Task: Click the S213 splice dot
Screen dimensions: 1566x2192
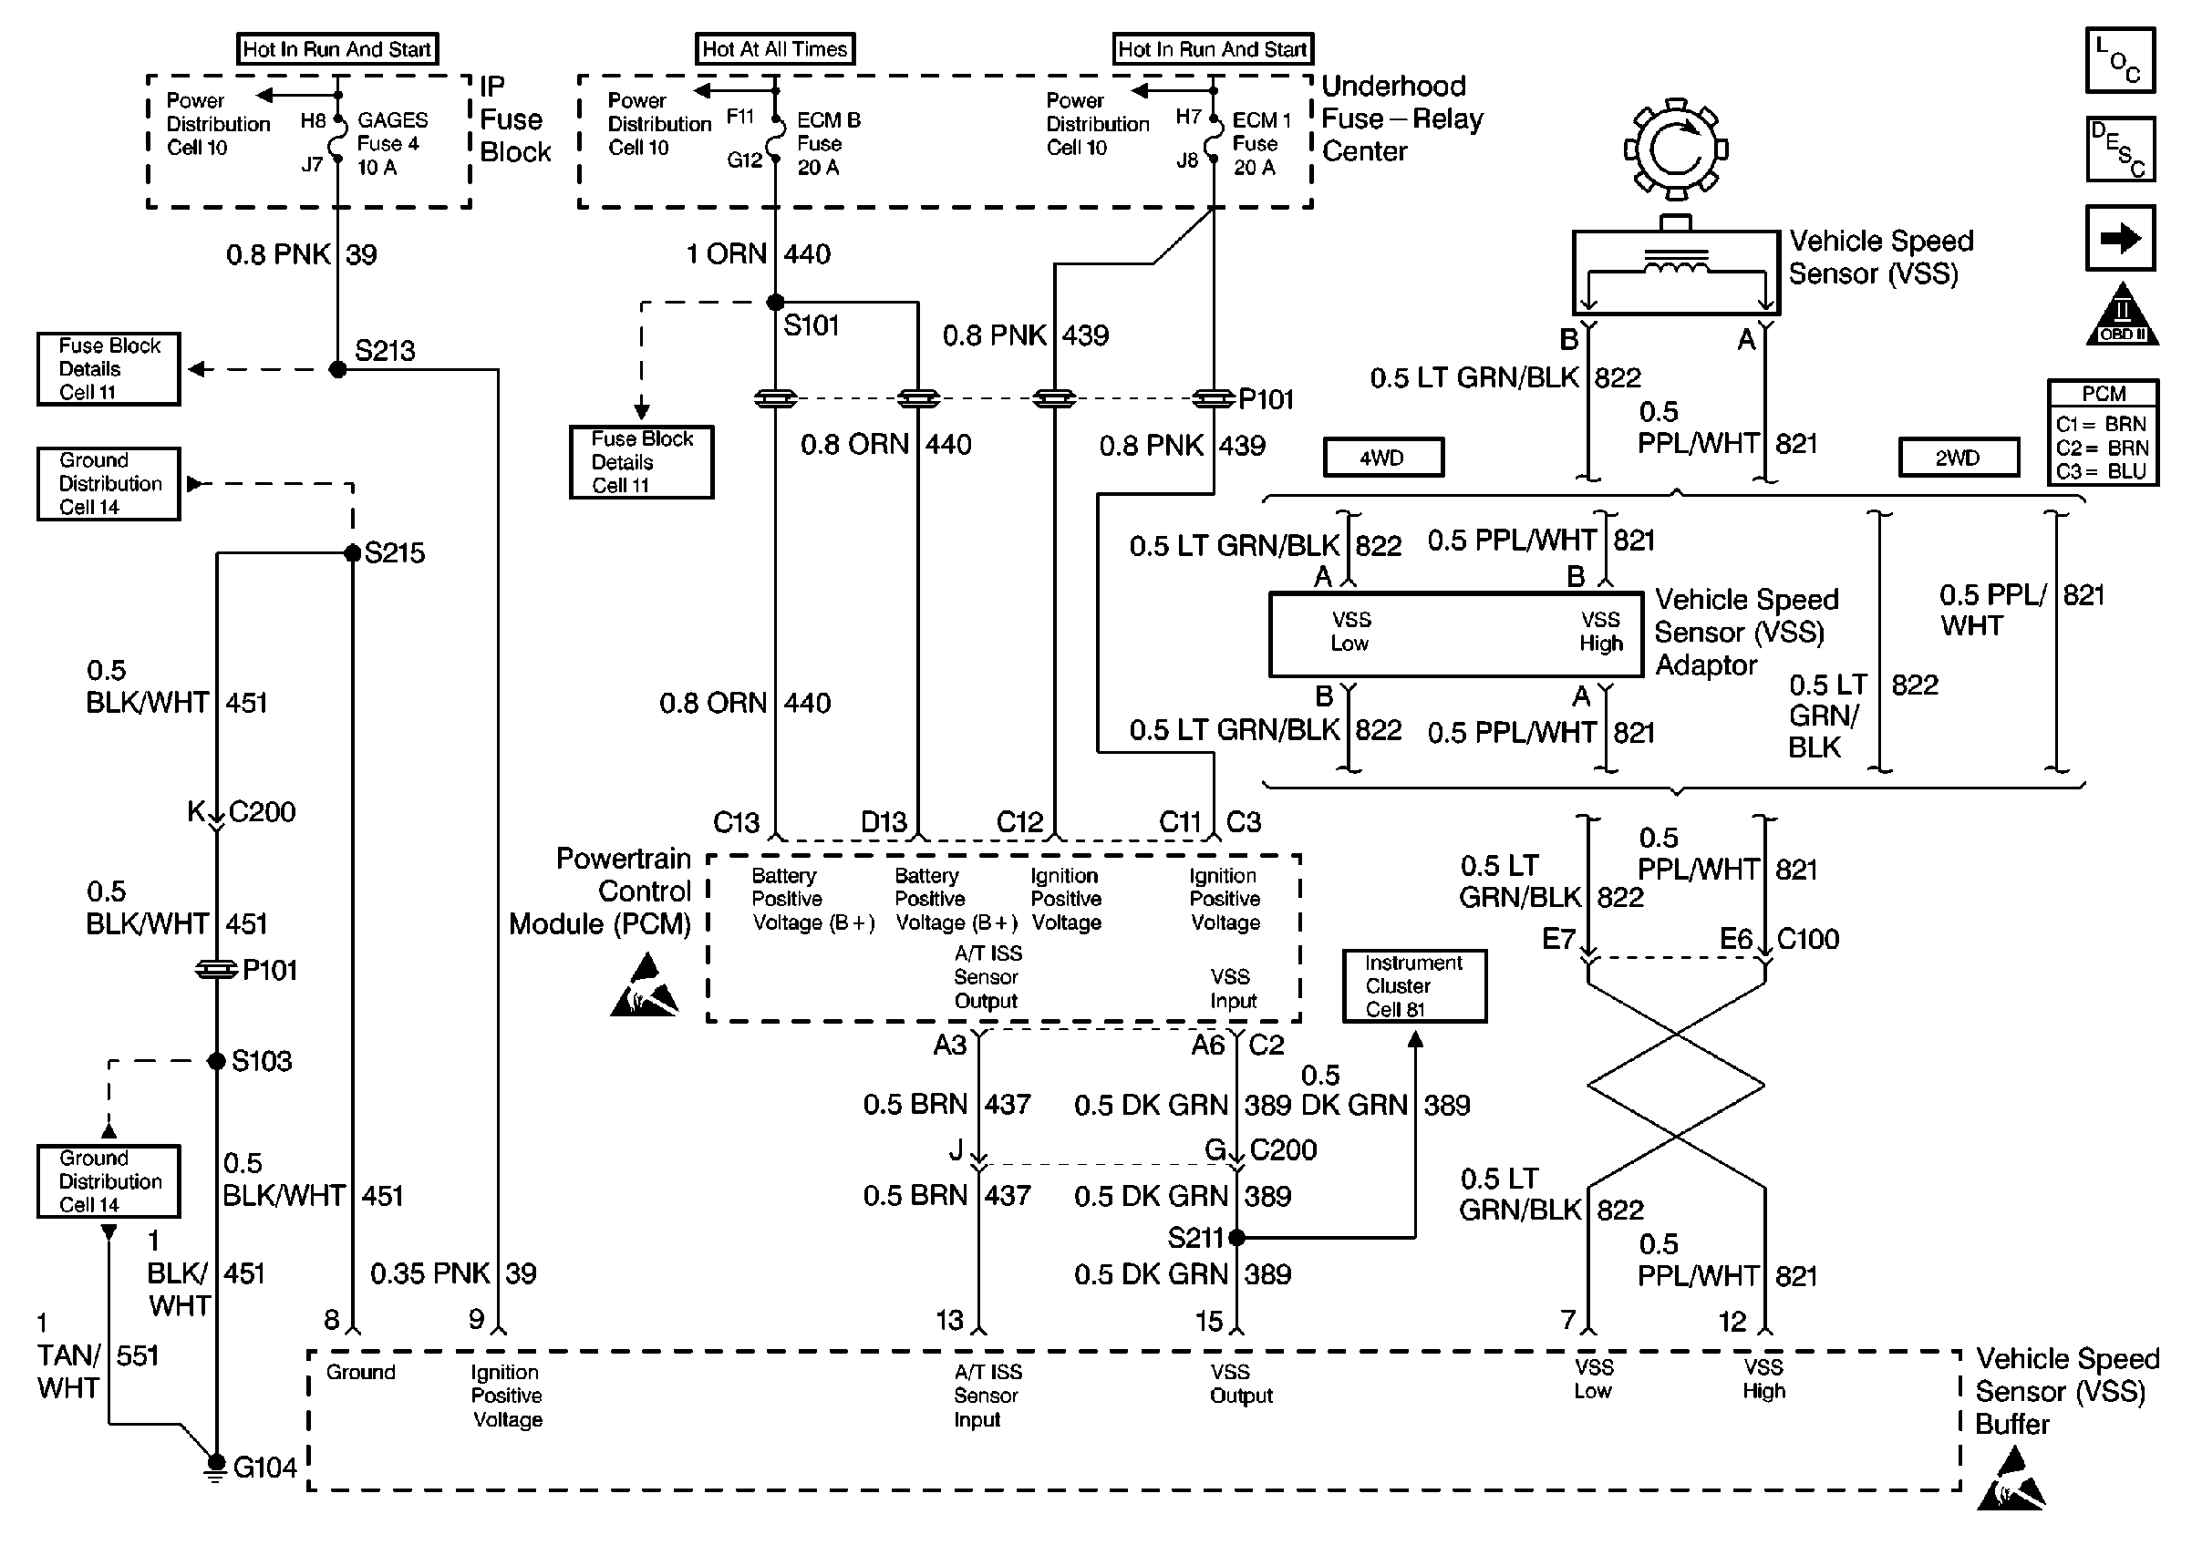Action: pos(337,369)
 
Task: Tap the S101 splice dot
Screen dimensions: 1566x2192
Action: pos(775,303)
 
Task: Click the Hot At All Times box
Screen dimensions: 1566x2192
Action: pos(774,49)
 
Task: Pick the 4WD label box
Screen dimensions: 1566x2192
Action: pos(1383,457)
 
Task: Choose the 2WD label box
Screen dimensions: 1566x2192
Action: pos(1958,457)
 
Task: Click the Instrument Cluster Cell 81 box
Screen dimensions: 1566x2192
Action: pos(1413,985)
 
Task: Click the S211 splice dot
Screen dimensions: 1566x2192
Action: pos(1236,1237)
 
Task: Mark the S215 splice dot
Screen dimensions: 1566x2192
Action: pos(353,553)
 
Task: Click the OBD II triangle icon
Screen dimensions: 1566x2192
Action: pos(2122,314)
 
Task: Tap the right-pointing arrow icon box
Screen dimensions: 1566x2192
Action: pos(2120,238)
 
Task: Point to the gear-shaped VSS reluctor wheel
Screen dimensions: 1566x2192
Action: pos(1676,149)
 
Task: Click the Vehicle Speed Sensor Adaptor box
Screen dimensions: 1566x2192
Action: pos(1455,634)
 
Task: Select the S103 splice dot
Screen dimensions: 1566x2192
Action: pos(217,1062)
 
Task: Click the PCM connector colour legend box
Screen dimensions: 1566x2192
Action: pos(2103,432)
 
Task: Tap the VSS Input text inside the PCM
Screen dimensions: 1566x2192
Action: pos(1233,988)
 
